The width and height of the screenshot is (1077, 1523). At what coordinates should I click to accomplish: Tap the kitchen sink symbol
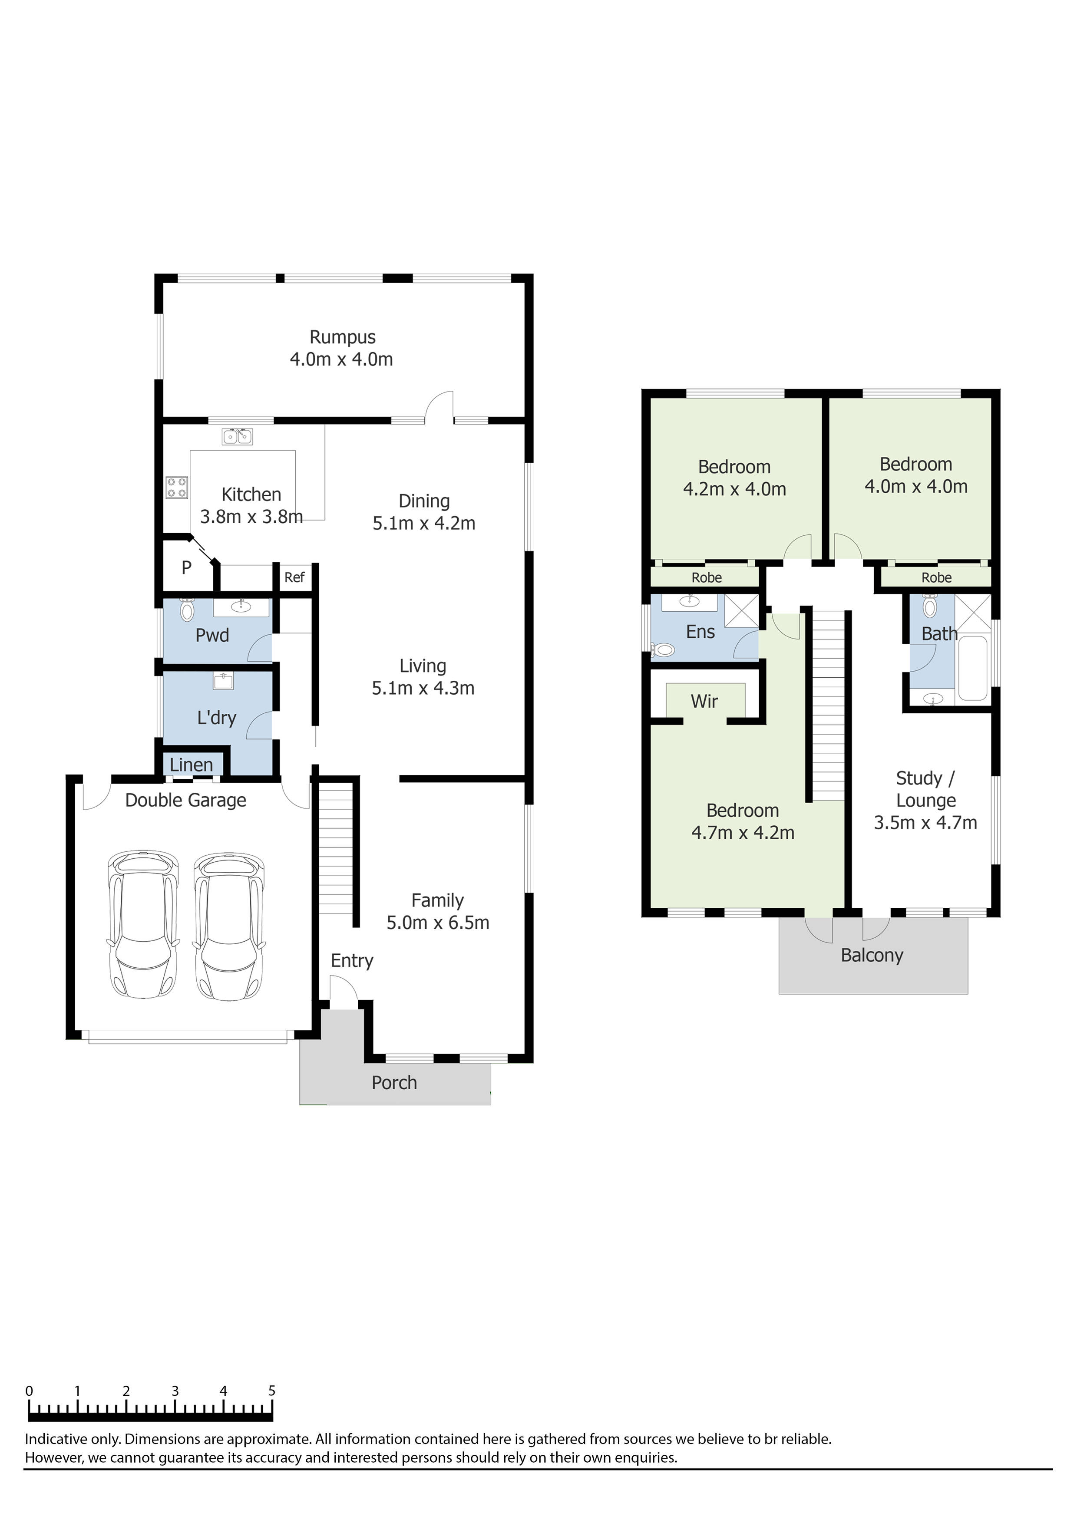237,436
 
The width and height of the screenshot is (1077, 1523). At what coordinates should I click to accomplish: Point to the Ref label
294,577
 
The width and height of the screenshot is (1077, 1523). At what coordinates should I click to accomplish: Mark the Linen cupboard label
191,765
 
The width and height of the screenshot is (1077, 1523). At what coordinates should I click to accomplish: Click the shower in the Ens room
741,611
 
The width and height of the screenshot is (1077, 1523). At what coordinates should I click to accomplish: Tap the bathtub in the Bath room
974,668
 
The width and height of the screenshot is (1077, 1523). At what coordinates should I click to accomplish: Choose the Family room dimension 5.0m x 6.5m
438,923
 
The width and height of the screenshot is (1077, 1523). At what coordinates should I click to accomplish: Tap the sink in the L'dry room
223,681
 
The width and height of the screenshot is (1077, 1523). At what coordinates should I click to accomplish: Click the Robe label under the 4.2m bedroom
706,578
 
